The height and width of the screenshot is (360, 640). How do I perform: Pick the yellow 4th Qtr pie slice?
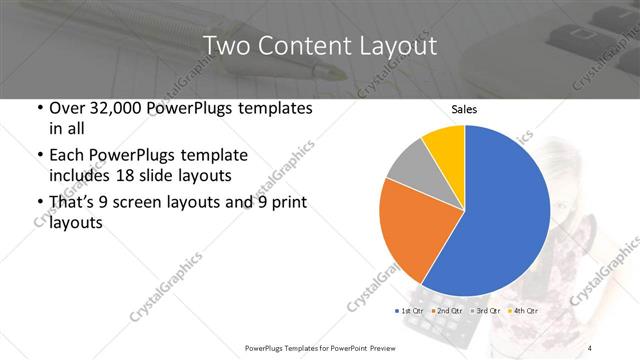point(443,148)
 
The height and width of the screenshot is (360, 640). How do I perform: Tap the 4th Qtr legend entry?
point(523,311)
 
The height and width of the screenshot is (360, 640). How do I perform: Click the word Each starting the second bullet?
point(65,156)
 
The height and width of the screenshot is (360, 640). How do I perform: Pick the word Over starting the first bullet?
point(67,108)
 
